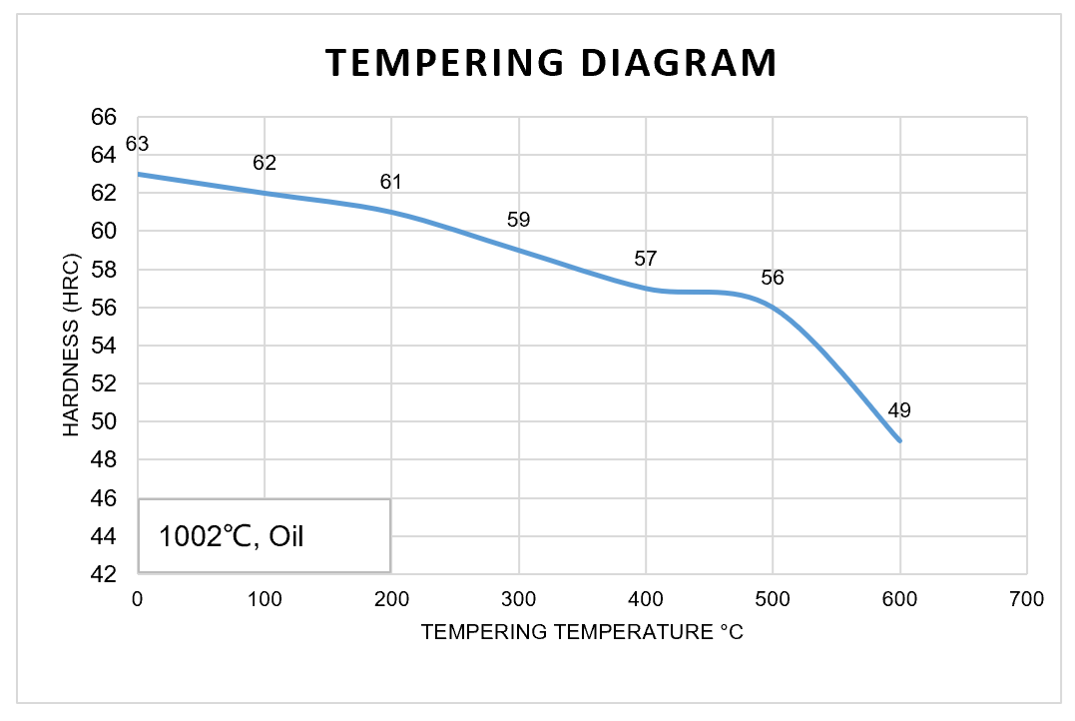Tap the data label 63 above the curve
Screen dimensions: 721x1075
[137, 145]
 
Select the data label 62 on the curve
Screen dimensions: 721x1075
[265, 164]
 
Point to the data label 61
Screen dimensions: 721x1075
[391, 183]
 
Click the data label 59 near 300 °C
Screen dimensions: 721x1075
[518, 221]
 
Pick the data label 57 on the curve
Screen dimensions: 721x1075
[646, 259]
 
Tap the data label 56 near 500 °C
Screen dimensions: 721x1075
[773, 278]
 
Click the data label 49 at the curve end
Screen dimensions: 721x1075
[899, 410]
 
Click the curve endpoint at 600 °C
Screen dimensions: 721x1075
[900, 440]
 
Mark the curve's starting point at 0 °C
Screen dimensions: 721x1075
[138, 174]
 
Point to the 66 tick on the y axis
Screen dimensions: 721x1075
[104, 117]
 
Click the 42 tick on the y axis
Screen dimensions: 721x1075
[104, 574]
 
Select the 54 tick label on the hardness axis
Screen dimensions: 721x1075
[104, 346]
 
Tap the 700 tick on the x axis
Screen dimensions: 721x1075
[1027, 599]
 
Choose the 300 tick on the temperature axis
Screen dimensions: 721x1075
[518, 599]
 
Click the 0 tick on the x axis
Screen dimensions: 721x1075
[138, 599]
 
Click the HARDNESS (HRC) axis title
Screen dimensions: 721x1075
[71, 346]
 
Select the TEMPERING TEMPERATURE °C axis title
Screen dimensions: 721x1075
[582, 632]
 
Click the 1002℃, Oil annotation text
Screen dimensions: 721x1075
[232, 536]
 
